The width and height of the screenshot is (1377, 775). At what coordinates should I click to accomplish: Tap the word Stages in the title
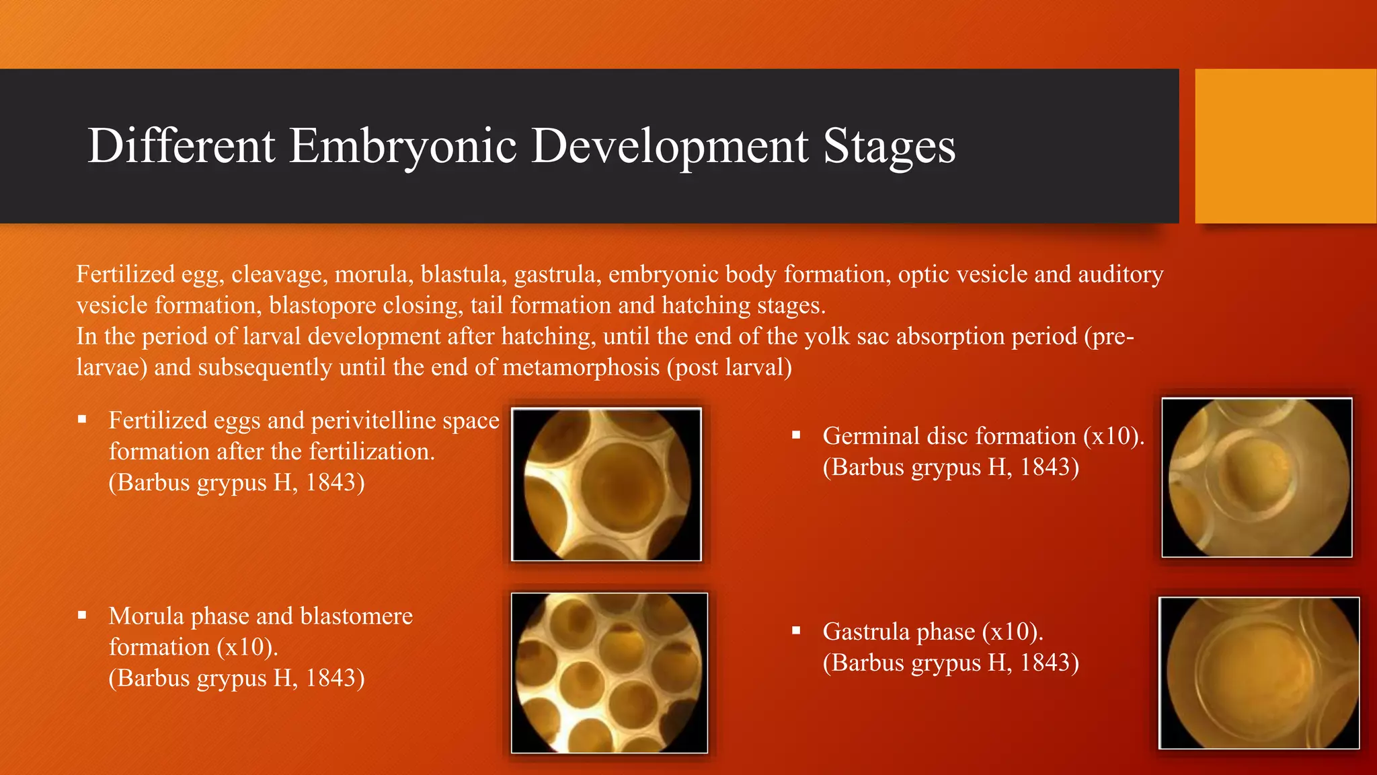[889, 146]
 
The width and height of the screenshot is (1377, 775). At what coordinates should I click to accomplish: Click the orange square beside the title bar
[1285, 146]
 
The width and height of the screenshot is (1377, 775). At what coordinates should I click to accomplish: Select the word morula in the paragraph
[371, 274]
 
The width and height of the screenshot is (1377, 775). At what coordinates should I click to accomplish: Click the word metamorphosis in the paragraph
[581, 367]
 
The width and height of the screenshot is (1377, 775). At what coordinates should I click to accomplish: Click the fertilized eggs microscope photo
[606, 484]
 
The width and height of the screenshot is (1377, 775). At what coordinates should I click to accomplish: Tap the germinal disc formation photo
[1256, 477]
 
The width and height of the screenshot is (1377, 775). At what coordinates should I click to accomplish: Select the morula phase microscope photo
[609, 672]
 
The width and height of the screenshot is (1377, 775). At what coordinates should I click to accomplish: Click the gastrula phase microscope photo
[1259, 672]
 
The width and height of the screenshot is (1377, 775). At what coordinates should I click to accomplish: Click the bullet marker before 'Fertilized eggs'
[82, 420]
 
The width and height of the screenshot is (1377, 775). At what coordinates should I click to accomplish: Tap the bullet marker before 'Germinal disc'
[796, 435]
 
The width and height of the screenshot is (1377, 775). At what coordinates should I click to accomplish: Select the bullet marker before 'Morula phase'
[82, 615]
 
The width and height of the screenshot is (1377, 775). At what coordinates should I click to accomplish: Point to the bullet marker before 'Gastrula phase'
[796, 630]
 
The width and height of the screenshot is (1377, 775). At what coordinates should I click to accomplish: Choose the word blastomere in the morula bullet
[356, 616]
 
